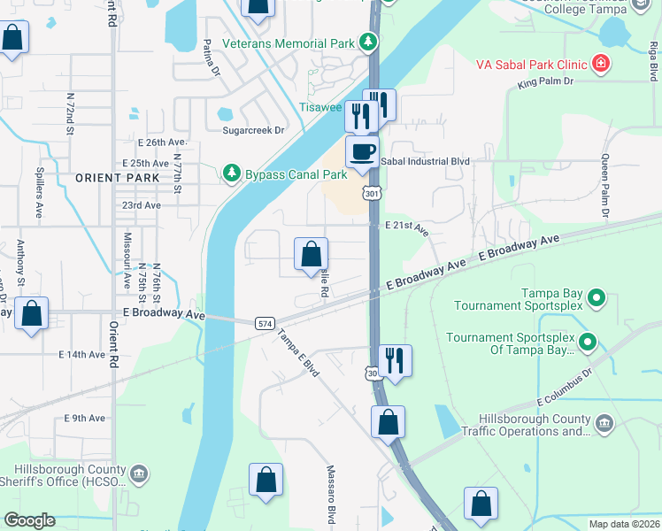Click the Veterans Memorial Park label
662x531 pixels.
click(289, 42)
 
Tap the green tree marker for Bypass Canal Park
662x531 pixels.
click(232, 171)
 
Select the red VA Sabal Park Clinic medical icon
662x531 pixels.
click(601, 63)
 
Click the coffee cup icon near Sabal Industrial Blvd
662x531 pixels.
click(361, 152)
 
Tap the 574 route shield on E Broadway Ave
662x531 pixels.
click(265, 324)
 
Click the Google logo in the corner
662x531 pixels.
click(30, 520)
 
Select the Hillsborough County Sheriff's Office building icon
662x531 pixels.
click(139, 475)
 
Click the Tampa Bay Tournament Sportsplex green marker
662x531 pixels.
click(597, 299)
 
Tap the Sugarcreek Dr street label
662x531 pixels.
click(253, 130)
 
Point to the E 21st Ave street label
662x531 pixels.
click(407, 227)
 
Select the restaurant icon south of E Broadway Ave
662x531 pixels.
click(394, 360)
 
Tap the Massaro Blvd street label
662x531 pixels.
click(331, 495)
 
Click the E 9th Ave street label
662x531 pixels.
click(84, 418)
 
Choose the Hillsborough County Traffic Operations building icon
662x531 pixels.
click(605, 426)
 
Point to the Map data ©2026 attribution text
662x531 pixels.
click(624, 524)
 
